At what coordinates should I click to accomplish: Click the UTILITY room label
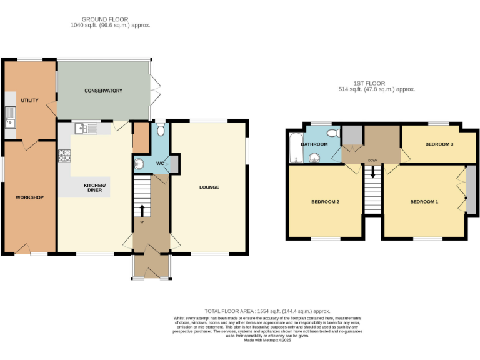coord(29,100)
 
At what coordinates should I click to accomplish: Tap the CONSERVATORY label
coord(103,91)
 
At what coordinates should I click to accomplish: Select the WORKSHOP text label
coord(29,197)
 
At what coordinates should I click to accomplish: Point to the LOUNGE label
coord(209,187)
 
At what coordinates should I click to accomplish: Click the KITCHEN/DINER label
coord(95,187)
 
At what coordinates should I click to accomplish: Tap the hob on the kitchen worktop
coord(64,156)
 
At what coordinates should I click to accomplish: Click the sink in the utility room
coord(10,117)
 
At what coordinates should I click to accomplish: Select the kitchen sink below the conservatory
coord(85,129)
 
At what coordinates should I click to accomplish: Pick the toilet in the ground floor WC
coord(161,129)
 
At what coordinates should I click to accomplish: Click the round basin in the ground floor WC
coord(139,164)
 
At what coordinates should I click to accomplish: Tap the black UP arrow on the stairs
coord(141,209)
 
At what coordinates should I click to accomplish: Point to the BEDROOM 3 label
coord(439,144)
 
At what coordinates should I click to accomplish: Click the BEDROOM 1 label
coord(424,201)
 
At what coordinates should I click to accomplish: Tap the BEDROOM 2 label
coord(325,201)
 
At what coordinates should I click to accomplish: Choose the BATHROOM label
coord(314,144)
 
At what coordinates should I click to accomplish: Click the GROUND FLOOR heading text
coord(110,19)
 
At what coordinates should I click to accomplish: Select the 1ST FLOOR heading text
coord(369,83)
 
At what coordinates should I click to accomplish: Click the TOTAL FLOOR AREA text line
coord(267,311)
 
